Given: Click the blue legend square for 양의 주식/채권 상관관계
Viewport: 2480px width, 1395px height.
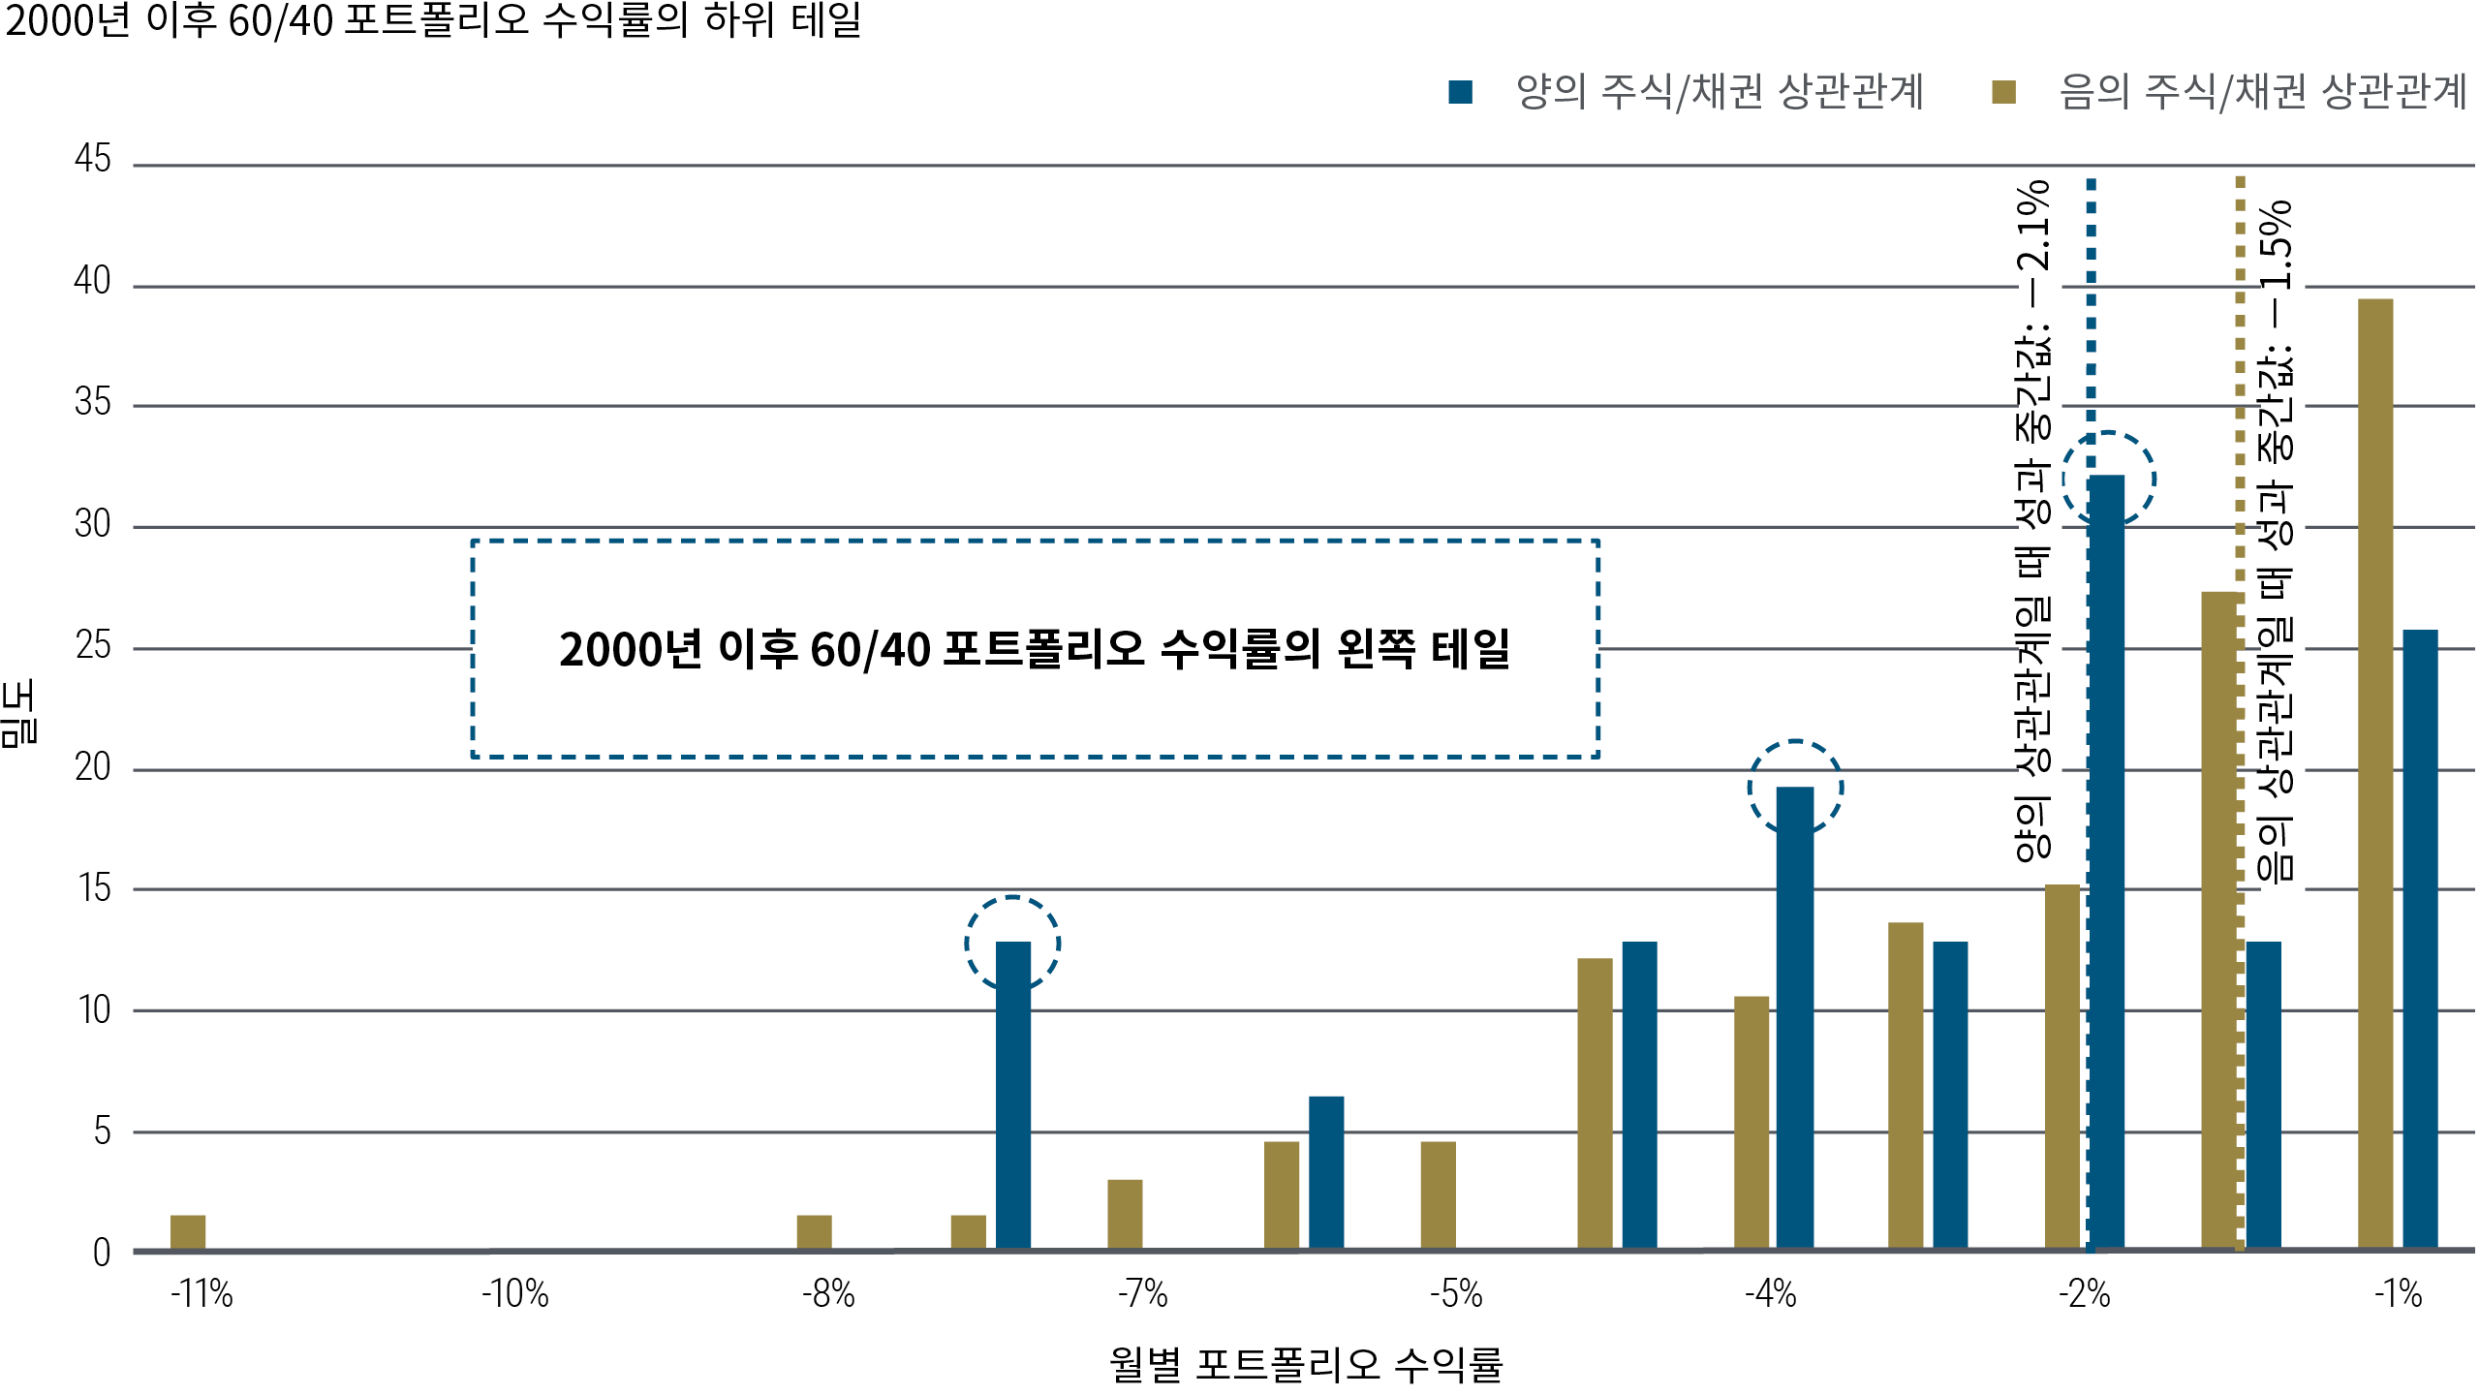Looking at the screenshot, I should pyautogui.click(x=1460, y=92).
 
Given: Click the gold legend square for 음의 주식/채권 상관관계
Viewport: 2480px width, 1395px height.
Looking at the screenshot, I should pyautogui.click(x=2003, y=92).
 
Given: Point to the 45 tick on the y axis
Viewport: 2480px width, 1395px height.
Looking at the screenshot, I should pyautogui.click(x=93, y=159).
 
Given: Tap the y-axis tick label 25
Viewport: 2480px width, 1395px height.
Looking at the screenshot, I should pyautogui.click(x=93, y=645).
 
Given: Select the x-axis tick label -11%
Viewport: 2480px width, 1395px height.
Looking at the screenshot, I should pyautogui.click(x=201, y=1294).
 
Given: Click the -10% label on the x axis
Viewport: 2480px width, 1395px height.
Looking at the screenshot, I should pyautogui.click(x=515, y=1294).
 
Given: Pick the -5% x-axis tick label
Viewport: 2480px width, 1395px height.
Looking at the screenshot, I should pyautogui.click(x=1456, y=1294).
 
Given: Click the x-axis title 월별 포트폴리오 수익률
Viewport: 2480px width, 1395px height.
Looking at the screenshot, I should pyautogui.click(x=1306, y=1364).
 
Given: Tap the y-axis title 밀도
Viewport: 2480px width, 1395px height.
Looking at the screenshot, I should pyautogui.click(x=19, y=712).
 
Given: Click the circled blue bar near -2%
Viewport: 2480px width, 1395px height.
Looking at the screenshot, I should pyautogui.click(x=2107, y=862).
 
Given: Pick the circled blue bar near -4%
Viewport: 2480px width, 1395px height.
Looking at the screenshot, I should pyautogui.click(x=1795, y=1017).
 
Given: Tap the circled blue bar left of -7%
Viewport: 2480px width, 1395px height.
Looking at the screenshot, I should pyautogui.click(x=1013, y=1095).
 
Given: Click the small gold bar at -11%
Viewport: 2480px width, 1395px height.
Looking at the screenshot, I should pyautogui.click(x=188, y=1231).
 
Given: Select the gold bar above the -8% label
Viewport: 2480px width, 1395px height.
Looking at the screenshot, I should pyautogui.click(x=814, y=1231).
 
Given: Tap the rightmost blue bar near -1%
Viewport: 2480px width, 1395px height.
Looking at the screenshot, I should pyautogui.click(x=2420, y=939).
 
